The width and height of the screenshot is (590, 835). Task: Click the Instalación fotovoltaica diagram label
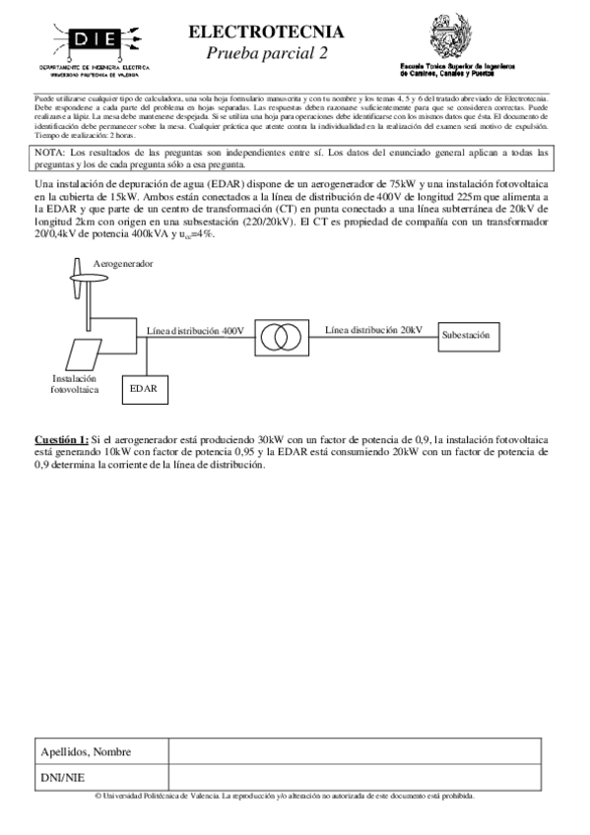[75, 383]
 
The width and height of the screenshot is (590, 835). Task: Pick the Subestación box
[467, 336]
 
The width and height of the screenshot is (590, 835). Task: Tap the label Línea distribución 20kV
[374, 328]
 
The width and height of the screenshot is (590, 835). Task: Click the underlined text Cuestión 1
[61, 438]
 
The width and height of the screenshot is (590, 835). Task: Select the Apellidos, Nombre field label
[87, 751]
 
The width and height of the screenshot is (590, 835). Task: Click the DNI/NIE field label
[62, 777]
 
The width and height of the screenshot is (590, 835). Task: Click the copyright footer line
[285, 795]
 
